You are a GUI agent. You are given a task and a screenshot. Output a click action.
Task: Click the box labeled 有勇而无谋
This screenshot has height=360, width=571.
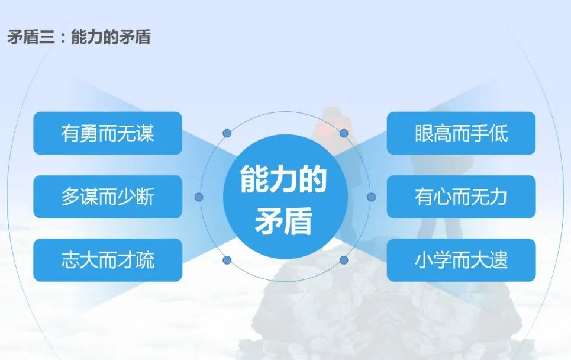pos(108,133)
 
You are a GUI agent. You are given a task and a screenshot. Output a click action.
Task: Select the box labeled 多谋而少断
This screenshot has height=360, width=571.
pos(108,197)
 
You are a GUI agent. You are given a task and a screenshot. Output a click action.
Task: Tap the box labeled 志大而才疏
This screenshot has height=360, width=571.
pos(108,260)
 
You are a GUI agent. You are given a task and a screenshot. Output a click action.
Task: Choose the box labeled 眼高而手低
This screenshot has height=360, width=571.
pos(461,133)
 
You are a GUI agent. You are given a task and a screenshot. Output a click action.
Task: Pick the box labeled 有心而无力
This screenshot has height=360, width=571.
pos(461,197)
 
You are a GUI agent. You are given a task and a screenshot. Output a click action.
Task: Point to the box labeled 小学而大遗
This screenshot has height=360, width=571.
pos(461,260)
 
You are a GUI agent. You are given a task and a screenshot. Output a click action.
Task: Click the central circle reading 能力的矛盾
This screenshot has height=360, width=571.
pos(285,197)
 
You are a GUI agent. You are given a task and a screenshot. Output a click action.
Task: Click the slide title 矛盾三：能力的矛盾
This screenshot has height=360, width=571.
pos(79,37)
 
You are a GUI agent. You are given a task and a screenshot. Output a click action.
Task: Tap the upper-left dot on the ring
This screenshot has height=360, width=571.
pos(227,133)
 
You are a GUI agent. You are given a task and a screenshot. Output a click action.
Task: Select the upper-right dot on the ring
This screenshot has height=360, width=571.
pos(344,133)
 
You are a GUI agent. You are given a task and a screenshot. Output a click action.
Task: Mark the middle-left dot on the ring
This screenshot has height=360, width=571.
pos(199,197)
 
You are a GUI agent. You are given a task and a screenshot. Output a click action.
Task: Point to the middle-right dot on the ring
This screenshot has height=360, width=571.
pos(371,197)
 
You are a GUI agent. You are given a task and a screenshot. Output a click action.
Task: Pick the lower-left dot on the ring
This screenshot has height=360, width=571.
pos(227,260)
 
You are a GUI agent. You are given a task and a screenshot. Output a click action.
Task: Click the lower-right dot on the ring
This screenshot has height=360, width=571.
pos(344,260)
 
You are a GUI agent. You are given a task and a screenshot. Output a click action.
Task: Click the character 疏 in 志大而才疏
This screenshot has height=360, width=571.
pos(145,260)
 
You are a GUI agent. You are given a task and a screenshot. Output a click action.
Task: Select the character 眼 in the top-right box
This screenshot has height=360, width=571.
pos(424,133)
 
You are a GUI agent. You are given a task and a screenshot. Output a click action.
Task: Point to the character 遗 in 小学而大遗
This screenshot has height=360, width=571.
pos(499,260)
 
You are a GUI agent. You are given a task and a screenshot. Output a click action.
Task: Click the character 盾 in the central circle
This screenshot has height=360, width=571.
pos(298,221)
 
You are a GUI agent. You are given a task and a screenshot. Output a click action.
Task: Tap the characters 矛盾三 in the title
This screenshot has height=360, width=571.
pos(30,37)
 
